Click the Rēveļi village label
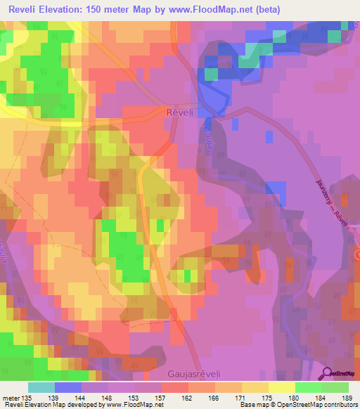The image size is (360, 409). (180, 112)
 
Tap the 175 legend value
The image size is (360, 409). (268, 398)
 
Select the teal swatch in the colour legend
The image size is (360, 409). (41, 387)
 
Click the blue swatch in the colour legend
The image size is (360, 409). (68, 387)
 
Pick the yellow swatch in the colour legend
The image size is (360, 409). (281, 387)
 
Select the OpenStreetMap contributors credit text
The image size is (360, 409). (312, 405)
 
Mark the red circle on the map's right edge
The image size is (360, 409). (357, 257)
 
